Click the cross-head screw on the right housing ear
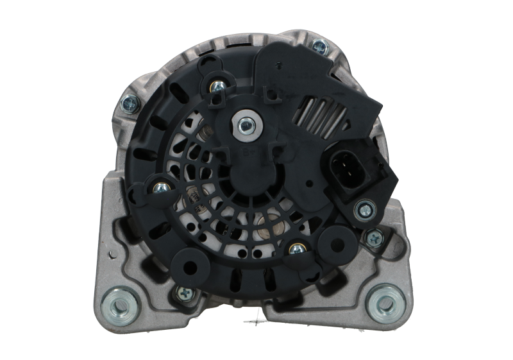[372, 237]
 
